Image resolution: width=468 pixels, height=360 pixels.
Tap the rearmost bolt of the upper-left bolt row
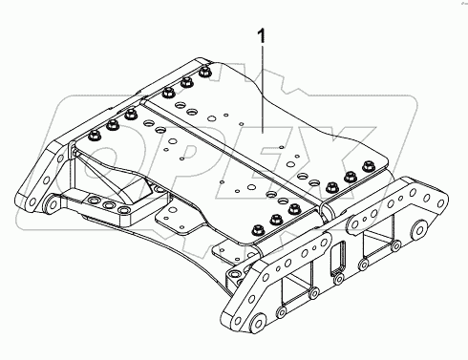pyautogui.click(x=205, y=69)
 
